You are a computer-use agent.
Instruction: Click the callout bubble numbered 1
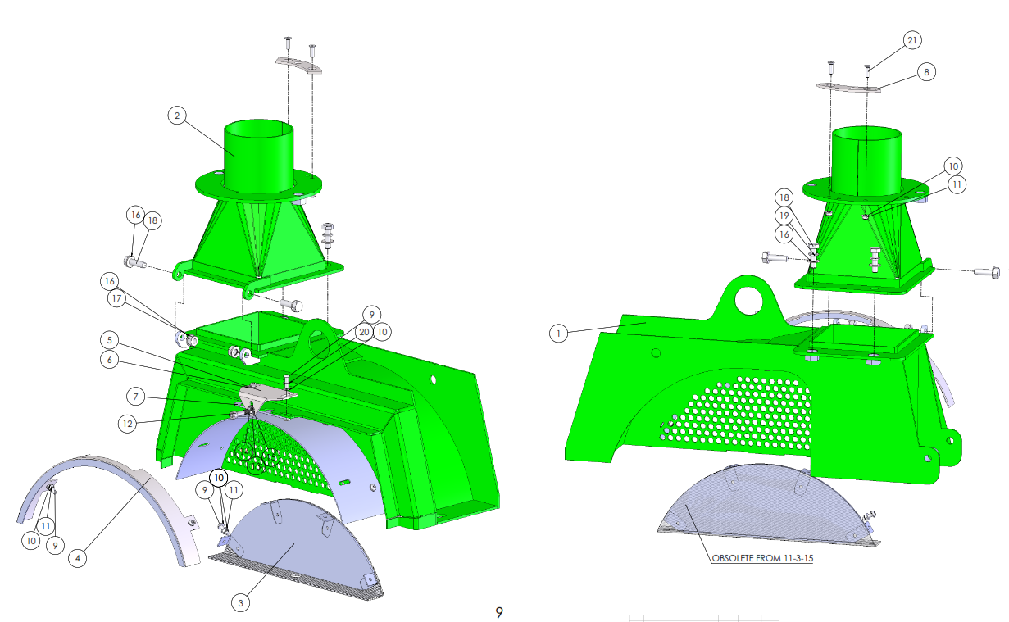pos(558,334)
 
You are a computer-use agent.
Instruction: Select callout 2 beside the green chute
pos(177,116)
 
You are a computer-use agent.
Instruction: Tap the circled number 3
pos(240,603)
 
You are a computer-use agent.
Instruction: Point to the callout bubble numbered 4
pos(78,559)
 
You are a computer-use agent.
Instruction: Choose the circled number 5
pos(110,340)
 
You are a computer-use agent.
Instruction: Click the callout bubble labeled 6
pos(110,360)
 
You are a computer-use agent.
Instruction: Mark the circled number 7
pos(135,397)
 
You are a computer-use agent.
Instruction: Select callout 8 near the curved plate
pos(926,72)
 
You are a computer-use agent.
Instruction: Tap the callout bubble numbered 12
pos(128,424)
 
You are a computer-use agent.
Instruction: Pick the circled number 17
pos(116,298)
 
